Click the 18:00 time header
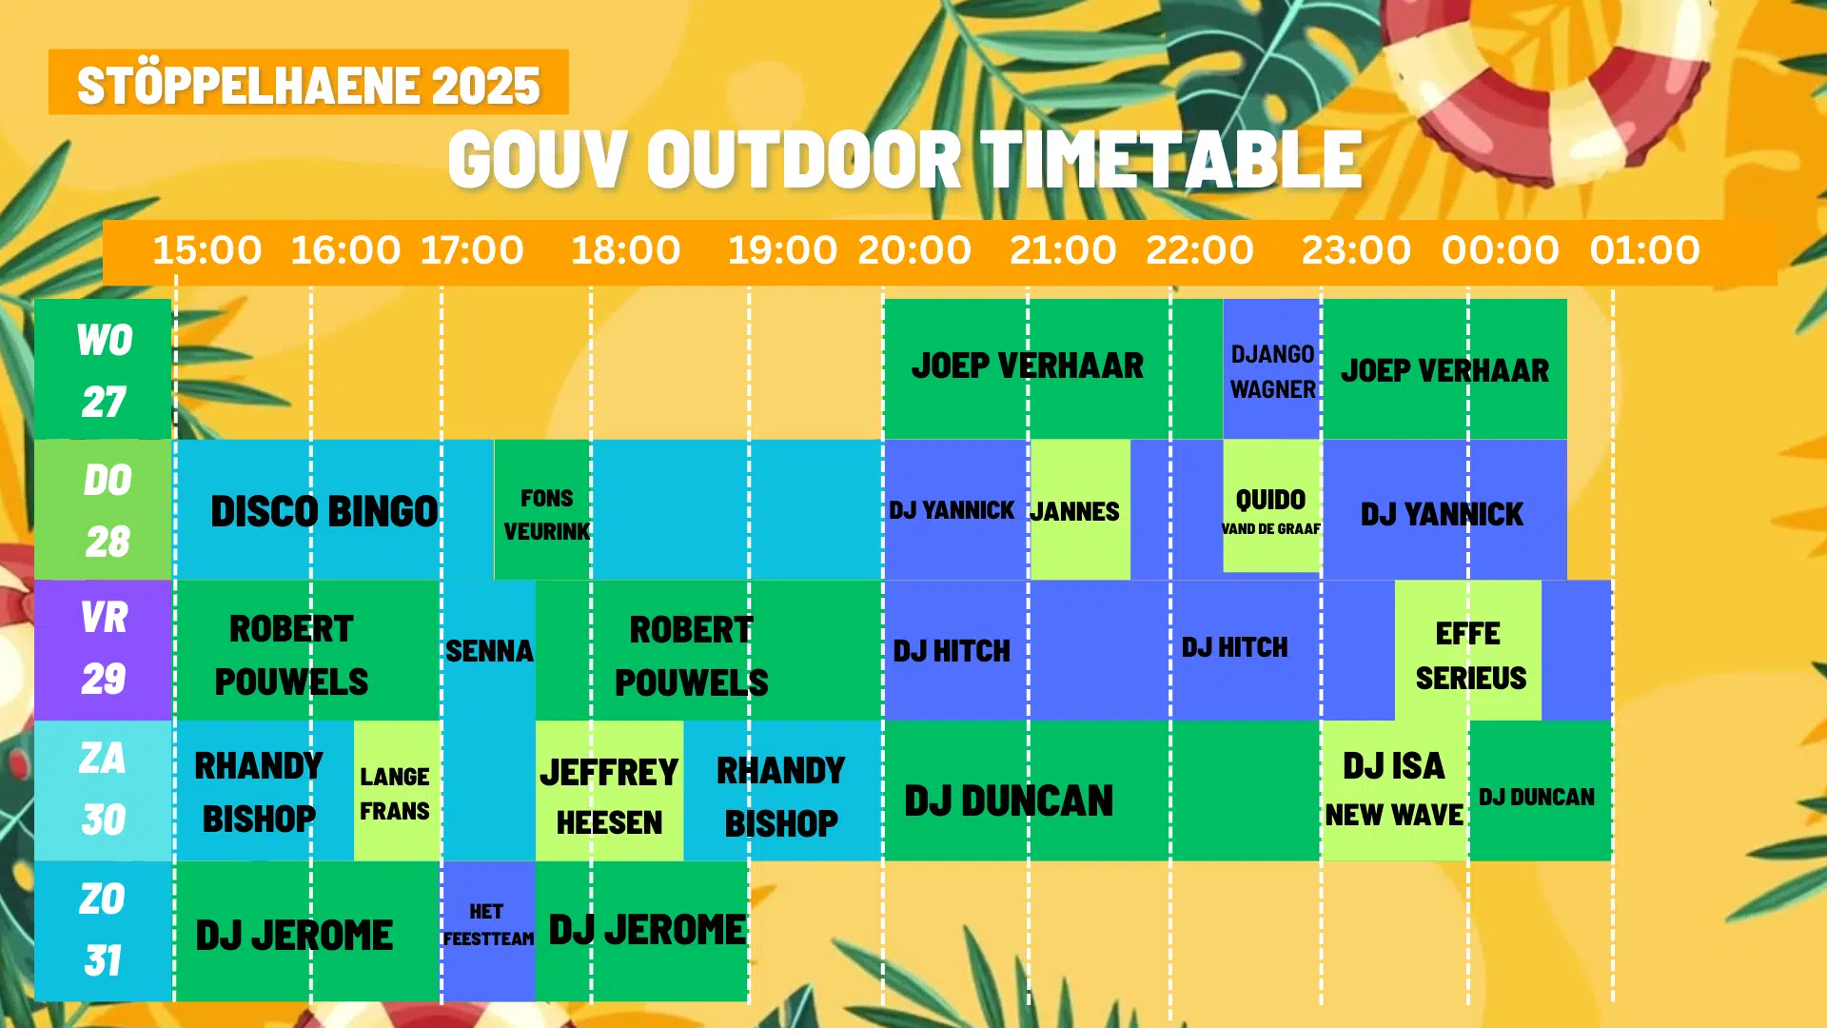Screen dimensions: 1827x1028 point(625,250)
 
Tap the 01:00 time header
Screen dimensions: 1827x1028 point(1644,250)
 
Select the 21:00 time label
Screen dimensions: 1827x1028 point(1063,250)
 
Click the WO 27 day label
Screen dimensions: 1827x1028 point(103,369)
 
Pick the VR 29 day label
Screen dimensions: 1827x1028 point(103,649)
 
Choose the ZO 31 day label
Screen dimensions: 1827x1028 point(103,931)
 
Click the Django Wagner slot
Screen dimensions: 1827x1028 point(1272,369)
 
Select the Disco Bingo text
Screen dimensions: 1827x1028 point(324,511)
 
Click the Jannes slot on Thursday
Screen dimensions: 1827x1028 point(1080,509)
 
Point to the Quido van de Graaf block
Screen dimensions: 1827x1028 point(1272,505)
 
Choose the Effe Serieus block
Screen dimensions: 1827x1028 point(1468,650)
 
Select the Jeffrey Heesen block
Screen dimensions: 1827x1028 point(609,791)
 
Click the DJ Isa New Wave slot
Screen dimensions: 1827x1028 point(1395,791)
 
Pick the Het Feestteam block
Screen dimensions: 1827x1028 point(488,931)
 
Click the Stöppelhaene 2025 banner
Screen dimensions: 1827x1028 point(308,83)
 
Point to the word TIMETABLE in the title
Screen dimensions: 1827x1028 point(1171,159)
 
